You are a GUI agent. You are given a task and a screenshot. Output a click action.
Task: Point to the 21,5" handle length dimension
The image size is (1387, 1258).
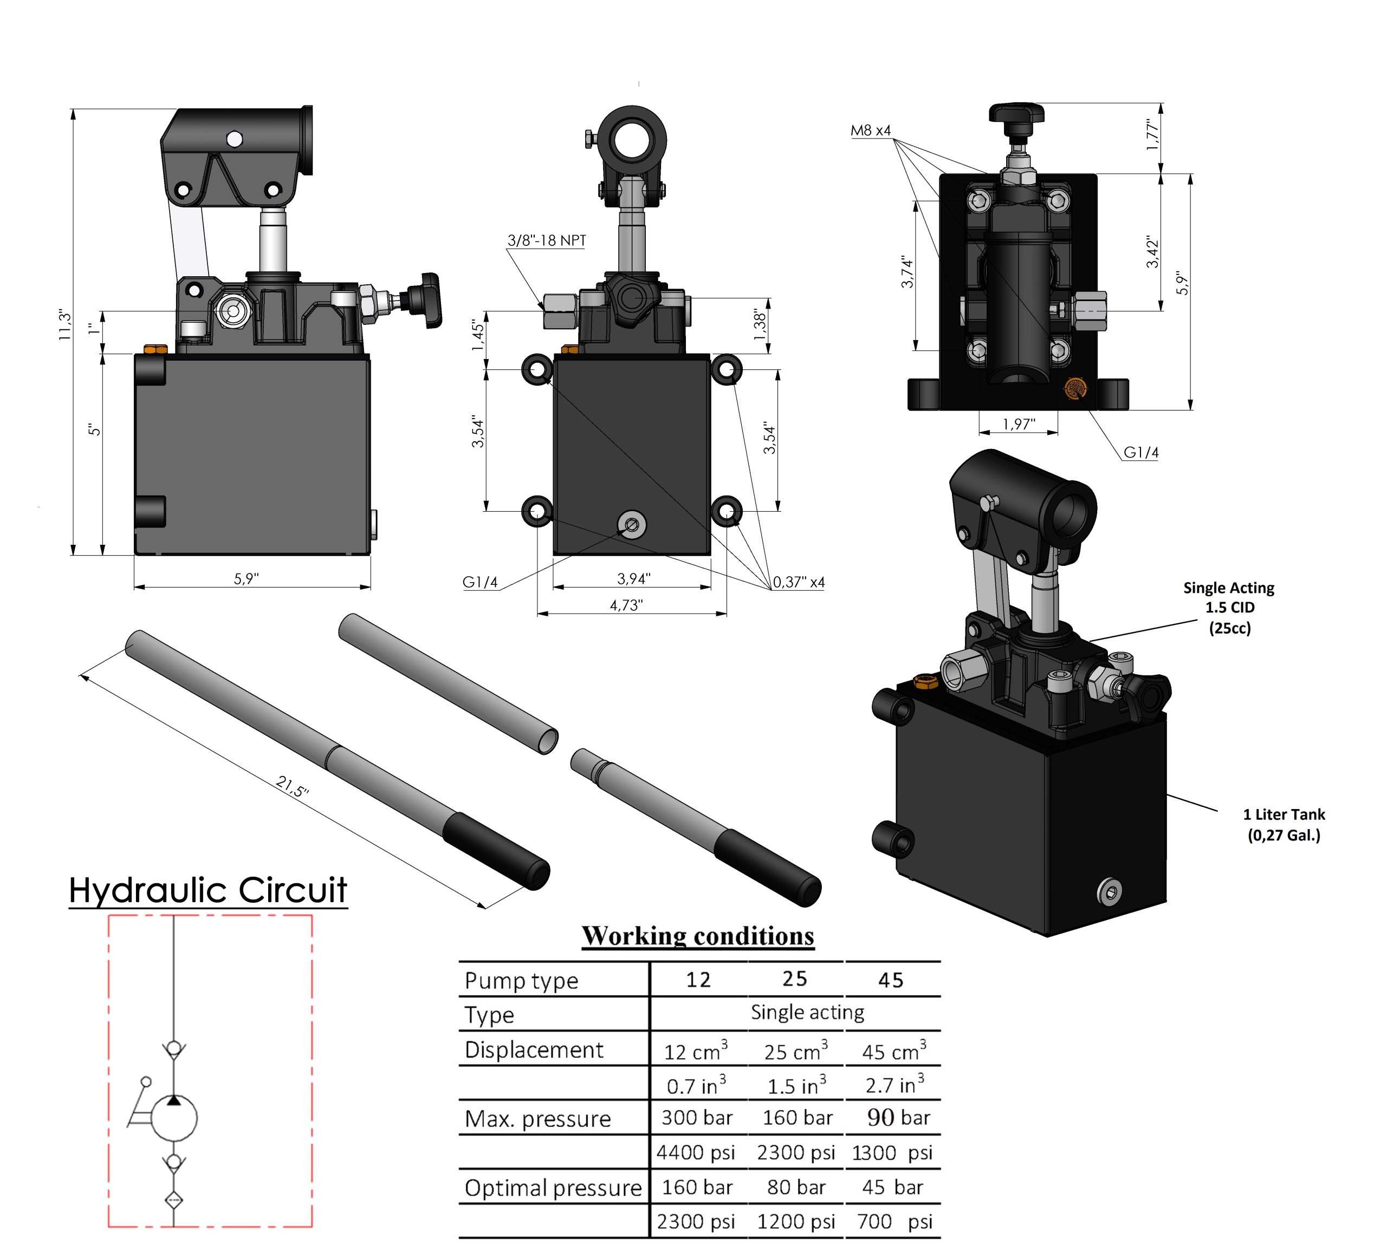coord(293,786)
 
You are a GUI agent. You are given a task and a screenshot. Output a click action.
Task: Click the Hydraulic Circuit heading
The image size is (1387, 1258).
coord(208,890)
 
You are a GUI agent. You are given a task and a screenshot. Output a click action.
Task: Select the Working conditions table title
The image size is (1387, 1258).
coord(698,936)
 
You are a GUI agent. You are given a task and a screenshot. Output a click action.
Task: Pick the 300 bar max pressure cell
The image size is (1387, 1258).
coord(696,1118)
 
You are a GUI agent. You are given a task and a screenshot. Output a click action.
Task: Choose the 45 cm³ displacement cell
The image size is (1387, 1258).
coord(893,1052)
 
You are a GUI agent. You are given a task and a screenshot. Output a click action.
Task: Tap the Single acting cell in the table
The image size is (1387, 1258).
coord(807,1013)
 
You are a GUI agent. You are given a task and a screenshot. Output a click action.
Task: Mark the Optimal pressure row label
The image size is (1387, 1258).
coord(553,1188)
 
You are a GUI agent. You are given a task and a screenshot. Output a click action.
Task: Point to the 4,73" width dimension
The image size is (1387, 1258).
coord(626,605)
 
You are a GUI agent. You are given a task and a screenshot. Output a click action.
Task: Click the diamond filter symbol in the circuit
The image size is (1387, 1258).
coord(174,1200)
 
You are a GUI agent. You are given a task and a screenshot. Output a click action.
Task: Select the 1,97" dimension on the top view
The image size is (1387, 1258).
coord(1018,425)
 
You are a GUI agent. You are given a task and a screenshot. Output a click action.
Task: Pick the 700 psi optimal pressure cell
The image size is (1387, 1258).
coord(893,1222)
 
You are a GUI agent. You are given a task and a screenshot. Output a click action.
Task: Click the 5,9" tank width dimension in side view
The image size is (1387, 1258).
coord(247,579)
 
